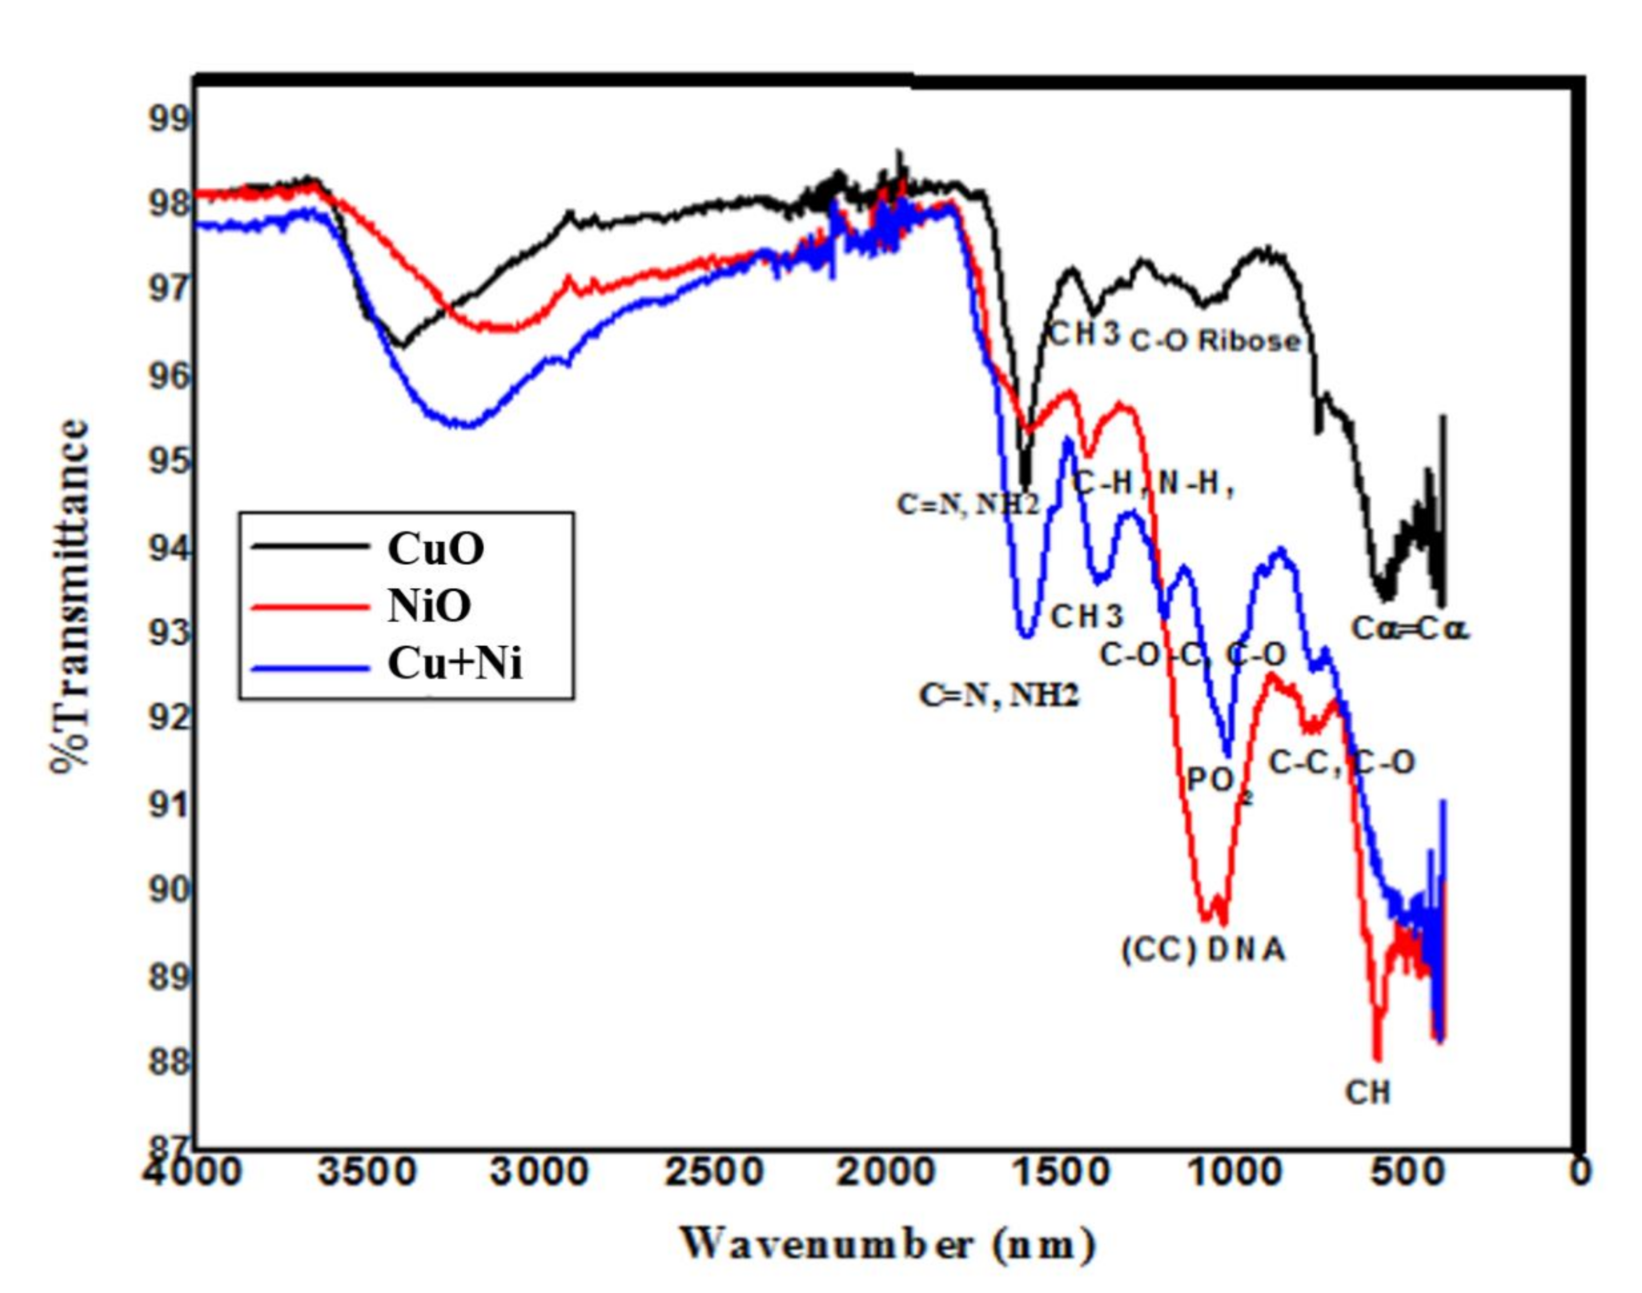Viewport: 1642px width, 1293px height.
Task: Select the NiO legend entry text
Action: [x=429, y=606]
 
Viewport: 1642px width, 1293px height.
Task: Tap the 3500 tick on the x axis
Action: [x=366, y=1173]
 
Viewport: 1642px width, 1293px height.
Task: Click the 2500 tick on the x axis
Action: [x=714, y=1173]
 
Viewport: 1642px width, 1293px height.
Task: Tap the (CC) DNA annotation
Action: [x=1203, y=949]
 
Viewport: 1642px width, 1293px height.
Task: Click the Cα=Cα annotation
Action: [x=1410, y=628]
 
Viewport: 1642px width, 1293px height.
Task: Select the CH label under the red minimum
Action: [x=1367, y=1093]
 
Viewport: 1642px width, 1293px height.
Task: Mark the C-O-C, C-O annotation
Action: [x=1192, y=655]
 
